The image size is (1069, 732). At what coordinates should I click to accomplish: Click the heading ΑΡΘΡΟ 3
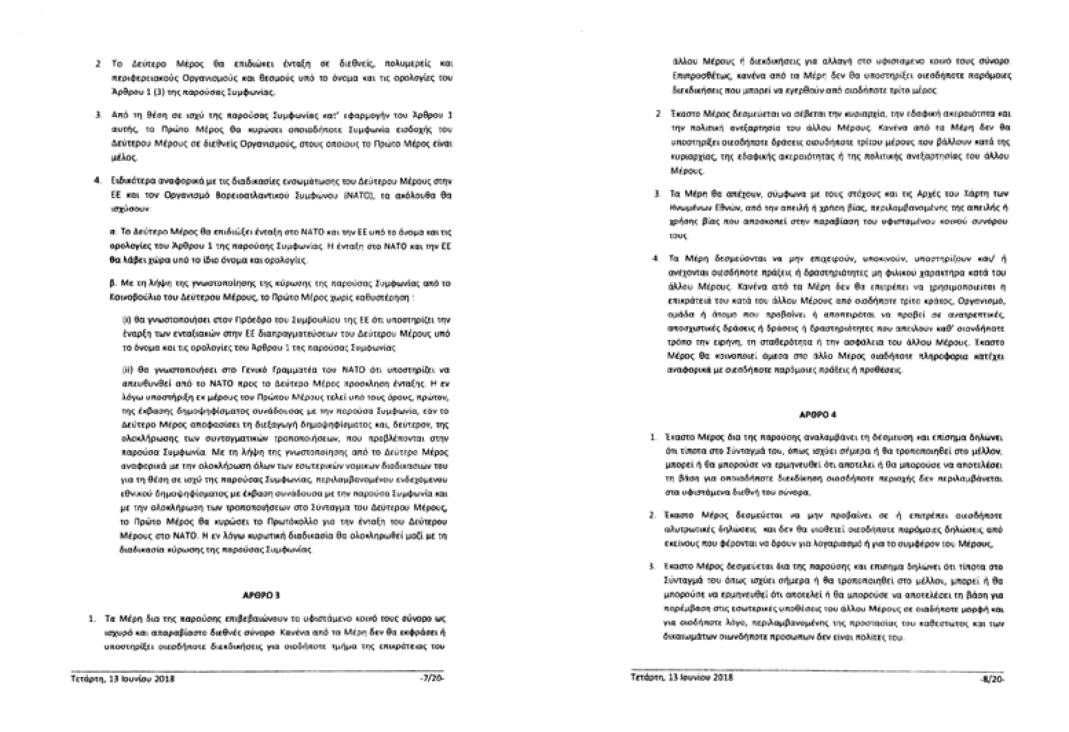click(262, 593)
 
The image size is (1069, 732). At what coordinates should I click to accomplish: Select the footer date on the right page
click(682, 678)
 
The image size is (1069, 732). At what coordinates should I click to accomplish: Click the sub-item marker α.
click(112, 232)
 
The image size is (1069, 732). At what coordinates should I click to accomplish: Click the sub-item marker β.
click(112, 283)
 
